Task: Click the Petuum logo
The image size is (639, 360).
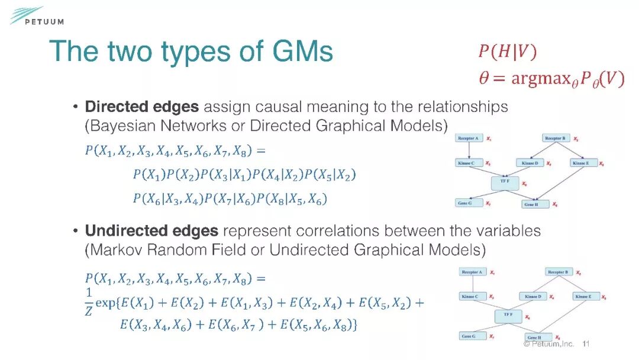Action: (35, 17)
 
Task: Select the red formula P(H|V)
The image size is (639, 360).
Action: (507, 52)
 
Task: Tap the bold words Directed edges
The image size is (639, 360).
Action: (142, 107)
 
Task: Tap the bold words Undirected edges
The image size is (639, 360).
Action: (152, 230)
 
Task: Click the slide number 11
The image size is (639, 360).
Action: (587, 343)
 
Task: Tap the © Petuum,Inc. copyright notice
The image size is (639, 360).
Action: (548, 343)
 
